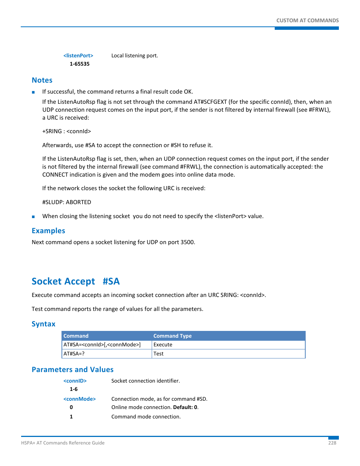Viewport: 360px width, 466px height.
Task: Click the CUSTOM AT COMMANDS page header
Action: [307, 20]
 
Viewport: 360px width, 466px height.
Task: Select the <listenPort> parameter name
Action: [78, 55]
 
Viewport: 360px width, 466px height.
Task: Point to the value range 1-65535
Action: [80, 64]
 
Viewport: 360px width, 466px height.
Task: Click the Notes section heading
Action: [42, 80]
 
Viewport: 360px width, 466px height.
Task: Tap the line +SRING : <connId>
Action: [66, 131]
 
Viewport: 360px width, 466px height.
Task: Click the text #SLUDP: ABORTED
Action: [66, 202]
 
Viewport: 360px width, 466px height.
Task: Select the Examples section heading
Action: [48, 231]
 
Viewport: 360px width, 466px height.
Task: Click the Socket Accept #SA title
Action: [75, 281]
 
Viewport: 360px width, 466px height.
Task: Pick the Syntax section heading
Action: [43, 324]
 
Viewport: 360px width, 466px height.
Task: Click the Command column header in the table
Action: [76, 336]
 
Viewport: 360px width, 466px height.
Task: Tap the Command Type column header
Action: [172, 336]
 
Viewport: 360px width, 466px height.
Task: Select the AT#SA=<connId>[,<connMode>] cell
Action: [102, 345]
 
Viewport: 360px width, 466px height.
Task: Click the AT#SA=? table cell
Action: [74, 354]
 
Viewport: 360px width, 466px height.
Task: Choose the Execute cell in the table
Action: [163, 345]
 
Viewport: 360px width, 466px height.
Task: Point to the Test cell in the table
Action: [158, 354]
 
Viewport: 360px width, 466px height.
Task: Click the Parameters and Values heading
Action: [72, 369]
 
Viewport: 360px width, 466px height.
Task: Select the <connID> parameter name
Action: [75, 381]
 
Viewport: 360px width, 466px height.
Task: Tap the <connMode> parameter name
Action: [80, 399]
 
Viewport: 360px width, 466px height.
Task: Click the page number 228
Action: [332, 443]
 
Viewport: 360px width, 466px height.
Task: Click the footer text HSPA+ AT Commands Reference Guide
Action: [63, 443]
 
